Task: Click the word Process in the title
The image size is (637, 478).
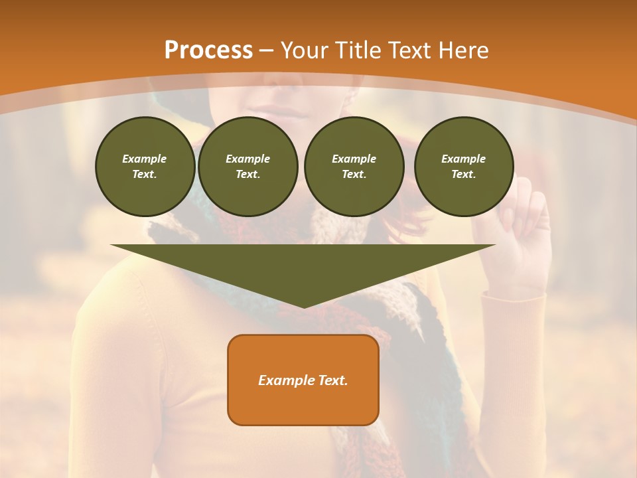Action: pos(208,50)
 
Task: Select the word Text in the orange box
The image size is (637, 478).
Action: pos(332,380)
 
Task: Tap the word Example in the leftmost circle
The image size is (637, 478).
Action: pos(145,159)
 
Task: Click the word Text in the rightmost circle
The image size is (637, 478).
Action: pos(463,174)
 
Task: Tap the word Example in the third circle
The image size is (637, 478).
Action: pos(354,159)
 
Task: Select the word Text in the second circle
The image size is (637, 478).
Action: pos(248,174)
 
